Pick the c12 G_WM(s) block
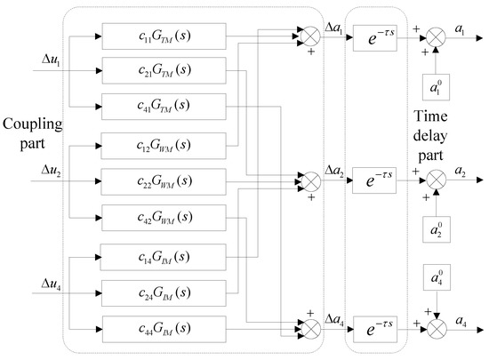[164, 144]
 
